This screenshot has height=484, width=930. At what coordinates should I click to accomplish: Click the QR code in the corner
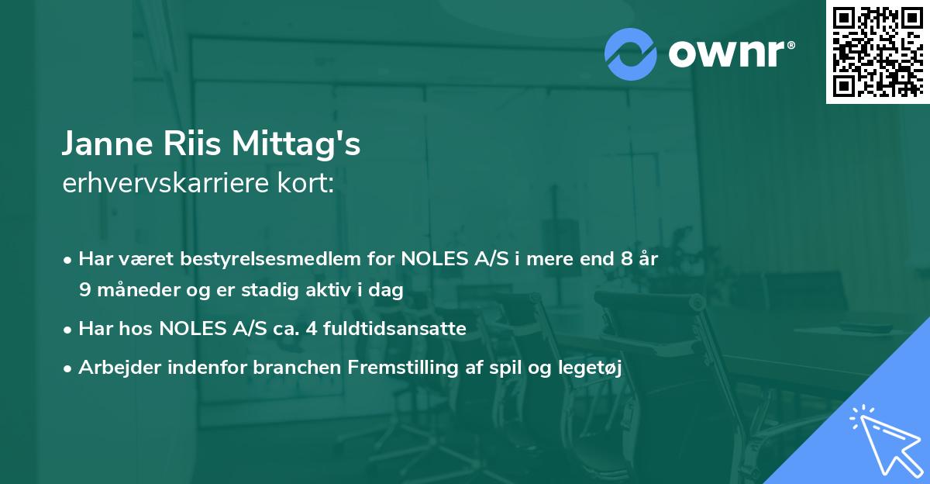point(877,51)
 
